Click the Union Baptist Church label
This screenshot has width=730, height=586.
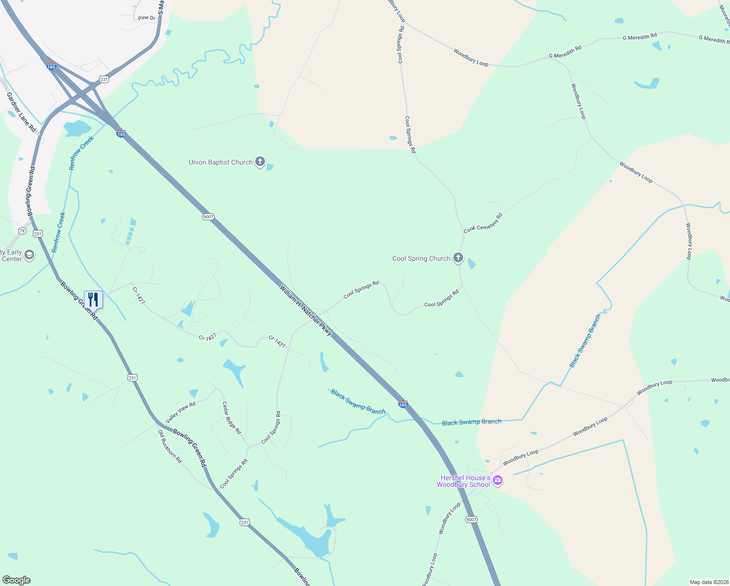pos(221,162)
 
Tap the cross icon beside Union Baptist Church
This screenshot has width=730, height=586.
pos(261,162)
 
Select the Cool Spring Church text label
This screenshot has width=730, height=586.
pos(421,258)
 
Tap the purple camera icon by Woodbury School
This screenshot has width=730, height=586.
pos(498,481)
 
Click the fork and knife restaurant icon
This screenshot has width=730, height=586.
pos(93,299)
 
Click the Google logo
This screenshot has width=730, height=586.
pos(16,580)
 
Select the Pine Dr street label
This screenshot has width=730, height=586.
pos(146,18)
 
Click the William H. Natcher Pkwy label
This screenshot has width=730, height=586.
pos(305,311)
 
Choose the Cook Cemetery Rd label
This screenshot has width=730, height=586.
pos(483,223)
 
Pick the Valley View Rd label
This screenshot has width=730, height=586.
pos(181,412)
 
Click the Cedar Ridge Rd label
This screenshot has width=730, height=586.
pos(231,418)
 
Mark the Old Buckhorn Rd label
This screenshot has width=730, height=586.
pos(169,446)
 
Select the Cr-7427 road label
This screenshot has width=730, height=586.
pos(207,337)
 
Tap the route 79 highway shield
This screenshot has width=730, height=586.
pos(22,230)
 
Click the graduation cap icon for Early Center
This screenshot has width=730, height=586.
pos(29,255)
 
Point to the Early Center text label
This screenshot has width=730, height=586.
pos(11,256)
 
